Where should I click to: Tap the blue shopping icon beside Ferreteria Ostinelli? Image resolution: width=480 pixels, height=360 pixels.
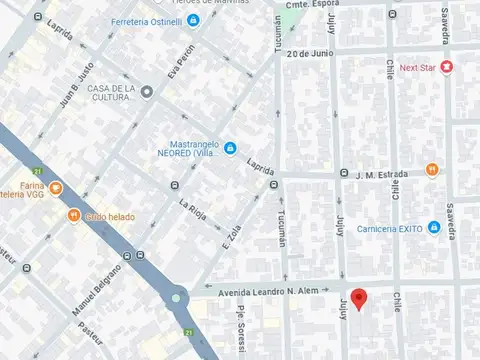tap(193, 20)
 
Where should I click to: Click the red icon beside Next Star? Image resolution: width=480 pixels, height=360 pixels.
tap(446, 68)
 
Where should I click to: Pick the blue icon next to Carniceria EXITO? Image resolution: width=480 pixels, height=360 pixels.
tap(433, 228)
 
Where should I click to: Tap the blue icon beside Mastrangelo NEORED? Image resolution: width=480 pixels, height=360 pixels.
tap(230, 149)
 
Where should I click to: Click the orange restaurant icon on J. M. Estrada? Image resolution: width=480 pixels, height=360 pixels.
tap(432, 171)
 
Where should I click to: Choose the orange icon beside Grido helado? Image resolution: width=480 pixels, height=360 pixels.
tap(74, 215)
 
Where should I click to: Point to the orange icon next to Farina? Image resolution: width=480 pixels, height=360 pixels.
tap(56, 186)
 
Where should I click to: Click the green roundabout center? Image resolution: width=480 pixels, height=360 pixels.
tap(178, 297)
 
